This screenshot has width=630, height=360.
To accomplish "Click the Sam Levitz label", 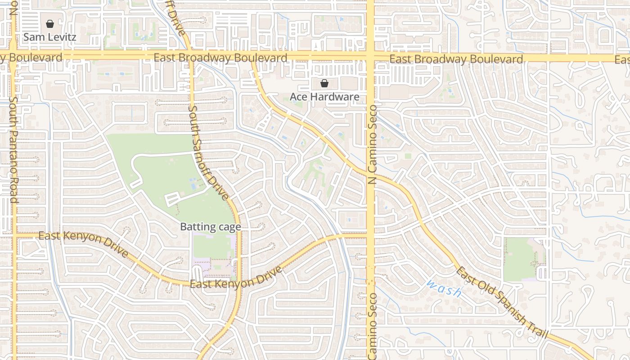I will coord(49,37).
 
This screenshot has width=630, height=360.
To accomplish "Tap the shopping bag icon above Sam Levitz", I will coord(50,24).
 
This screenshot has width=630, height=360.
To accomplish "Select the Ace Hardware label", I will coord(324,97).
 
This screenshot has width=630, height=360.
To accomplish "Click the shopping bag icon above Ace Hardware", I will coord(324,83).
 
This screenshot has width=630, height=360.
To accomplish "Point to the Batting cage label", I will coord(211,227).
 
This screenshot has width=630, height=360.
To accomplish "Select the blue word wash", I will coord(444,288).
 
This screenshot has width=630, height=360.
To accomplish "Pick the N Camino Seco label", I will coord(373,146).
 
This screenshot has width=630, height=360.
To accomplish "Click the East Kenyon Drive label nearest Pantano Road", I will coord(83,244).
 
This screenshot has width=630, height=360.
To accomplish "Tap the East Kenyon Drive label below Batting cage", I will coord(236,278).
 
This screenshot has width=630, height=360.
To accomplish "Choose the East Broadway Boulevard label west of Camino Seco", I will coord(220,58).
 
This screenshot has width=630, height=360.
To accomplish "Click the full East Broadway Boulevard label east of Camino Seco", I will coord(456,59).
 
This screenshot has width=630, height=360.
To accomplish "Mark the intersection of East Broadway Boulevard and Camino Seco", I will coord(370,58).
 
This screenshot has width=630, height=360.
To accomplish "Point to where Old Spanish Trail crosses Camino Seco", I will coord(370,173).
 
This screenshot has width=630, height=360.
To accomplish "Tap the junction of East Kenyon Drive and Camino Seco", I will coord(370,234).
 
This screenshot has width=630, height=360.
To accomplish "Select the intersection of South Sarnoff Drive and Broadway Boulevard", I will coord(191,57).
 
